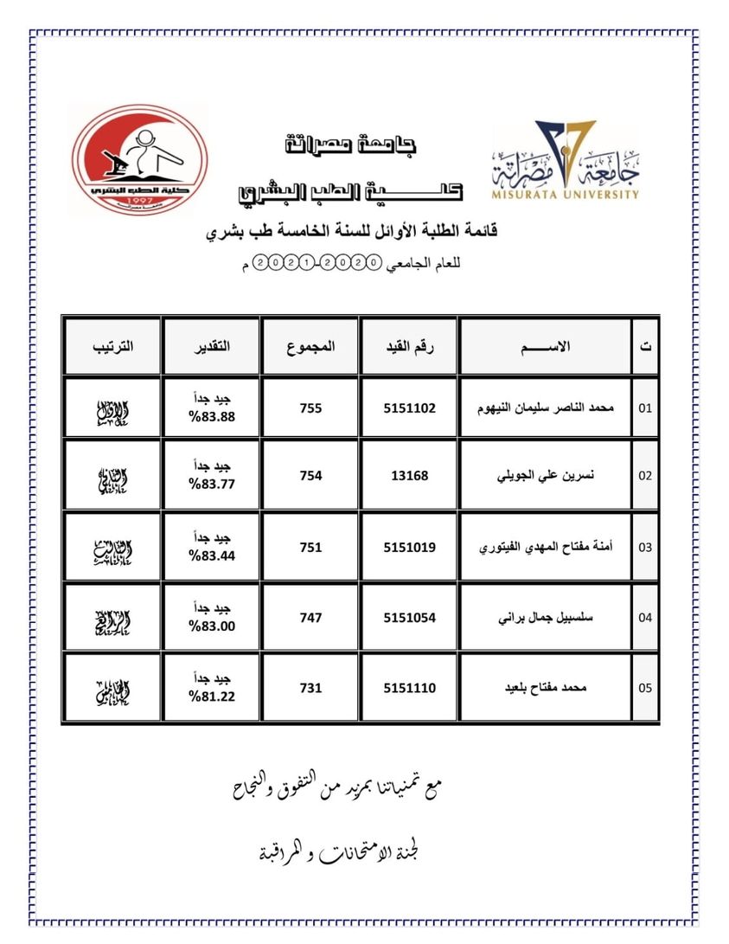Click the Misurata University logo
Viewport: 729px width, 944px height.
566,162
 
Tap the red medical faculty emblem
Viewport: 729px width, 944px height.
139,159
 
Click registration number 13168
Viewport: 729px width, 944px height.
409,475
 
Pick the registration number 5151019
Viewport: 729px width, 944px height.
409,547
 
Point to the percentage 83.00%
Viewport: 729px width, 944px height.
212,626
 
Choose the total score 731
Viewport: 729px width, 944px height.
310,688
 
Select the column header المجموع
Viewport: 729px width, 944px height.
310,346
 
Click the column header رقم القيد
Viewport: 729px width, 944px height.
409,346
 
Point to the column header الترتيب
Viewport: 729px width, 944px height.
112,346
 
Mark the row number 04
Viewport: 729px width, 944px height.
644,618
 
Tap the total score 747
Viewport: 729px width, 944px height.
310,618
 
